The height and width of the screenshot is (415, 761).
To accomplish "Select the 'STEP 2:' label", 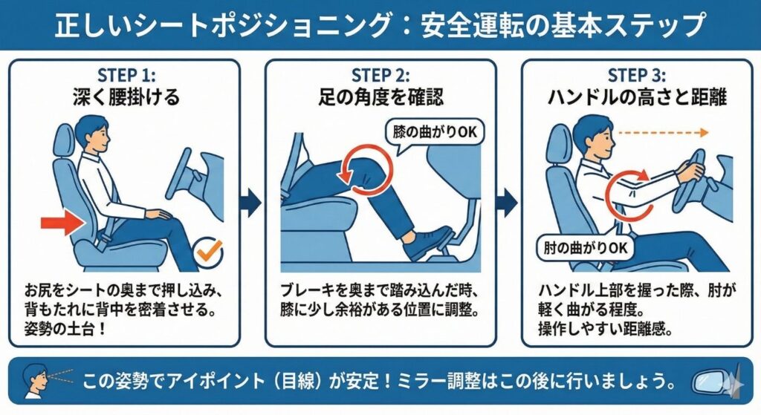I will [380, 75].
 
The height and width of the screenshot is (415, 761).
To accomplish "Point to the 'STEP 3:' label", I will [637, 75].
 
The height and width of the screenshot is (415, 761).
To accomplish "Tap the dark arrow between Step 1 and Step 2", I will [252, 203].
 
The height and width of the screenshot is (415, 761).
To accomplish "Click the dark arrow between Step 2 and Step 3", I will [508, 203].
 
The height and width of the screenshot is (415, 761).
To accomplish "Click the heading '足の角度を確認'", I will [380, 97].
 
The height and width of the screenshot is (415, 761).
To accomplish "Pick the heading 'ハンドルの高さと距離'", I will [637, 97].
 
